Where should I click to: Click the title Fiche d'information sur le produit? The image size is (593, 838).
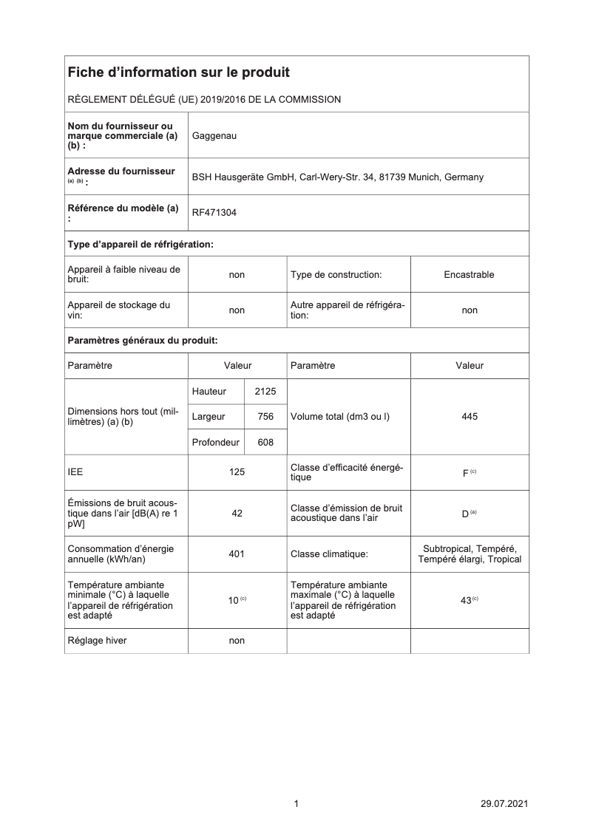click(x=178, y=72)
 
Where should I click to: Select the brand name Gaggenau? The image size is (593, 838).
click(x=214, y=136)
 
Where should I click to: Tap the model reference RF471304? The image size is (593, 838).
click(x=214, y=213)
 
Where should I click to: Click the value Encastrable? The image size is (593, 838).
click(x=469, y=275)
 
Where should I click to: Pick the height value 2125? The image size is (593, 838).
click(x=265, y=391)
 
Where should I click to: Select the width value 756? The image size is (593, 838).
click(x=265, y=417)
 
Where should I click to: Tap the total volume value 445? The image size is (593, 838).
click(x=469, y=417)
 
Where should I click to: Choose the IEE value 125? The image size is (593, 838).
click(x=237, y=471)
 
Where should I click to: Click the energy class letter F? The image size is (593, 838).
click(x=465, y=473)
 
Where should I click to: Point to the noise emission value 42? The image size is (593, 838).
click(x=237, y=513)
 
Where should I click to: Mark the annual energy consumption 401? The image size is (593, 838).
click(x=237, y=553)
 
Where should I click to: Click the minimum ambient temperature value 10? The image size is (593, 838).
click(x=233, y=601)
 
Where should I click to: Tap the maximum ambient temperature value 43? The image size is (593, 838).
click(x=466, y=601)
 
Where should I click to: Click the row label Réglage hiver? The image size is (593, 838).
click(x=97, y=641)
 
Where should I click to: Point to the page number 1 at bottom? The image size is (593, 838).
click(x=296, y=804)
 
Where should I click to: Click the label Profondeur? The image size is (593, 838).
click(x=215, y=443)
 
